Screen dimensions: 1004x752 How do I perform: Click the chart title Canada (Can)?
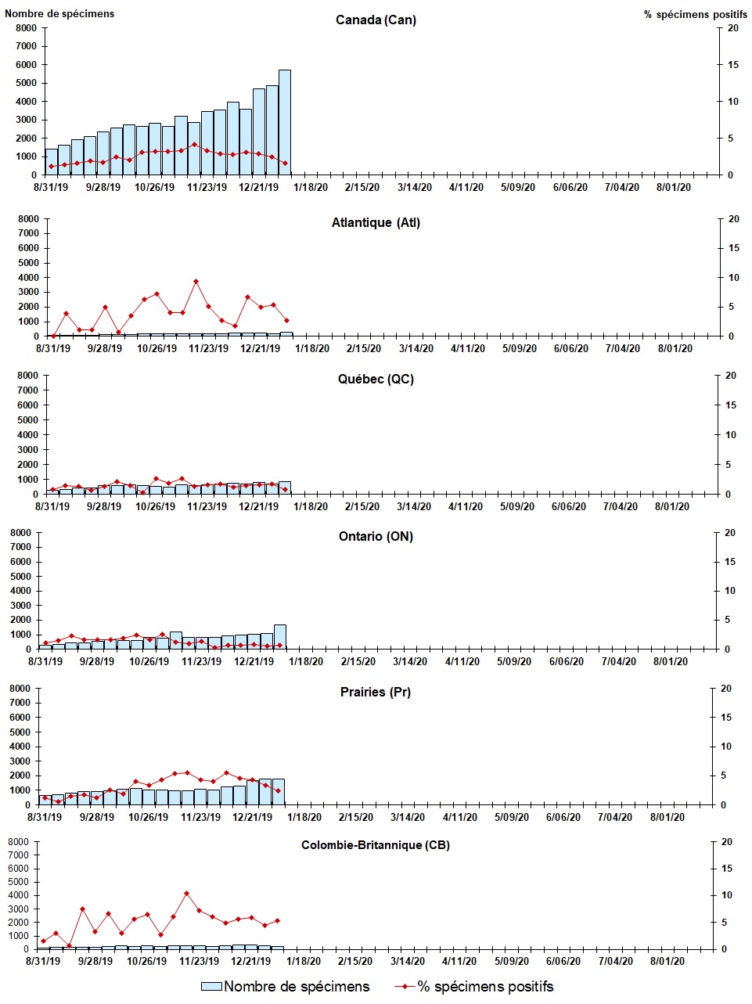click(x=376, y=20)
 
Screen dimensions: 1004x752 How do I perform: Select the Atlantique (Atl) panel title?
click(x=376, y=223)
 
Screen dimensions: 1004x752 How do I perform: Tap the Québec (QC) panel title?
click(x=376, y=380)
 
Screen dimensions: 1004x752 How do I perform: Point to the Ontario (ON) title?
click(x=376, y=537)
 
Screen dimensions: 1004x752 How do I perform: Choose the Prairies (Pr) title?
click(x=376, y=693)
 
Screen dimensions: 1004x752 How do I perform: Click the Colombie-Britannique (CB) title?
click(x=376, y=846)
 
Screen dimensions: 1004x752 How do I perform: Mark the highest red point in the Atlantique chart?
click(x=196, y=281)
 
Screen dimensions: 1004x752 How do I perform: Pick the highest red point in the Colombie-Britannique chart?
click(x=186, y=893)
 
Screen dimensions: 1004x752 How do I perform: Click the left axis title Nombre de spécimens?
click(x=59, y=13)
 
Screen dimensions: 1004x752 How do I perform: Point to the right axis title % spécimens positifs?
click(x=696, y=14)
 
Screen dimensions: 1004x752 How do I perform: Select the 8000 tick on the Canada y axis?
click(x=27, y=28)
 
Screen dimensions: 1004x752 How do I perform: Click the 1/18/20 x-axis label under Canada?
click(x=311, y=188)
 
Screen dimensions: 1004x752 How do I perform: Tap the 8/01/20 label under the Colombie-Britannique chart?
click(x=667, y=962)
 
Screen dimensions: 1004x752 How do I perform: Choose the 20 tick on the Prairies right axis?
click(x=726, y=689)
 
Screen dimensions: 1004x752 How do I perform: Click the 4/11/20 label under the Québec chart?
click(x=466, y=507)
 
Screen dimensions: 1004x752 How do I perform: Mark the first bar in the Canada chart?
click(x=51, y=162)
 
